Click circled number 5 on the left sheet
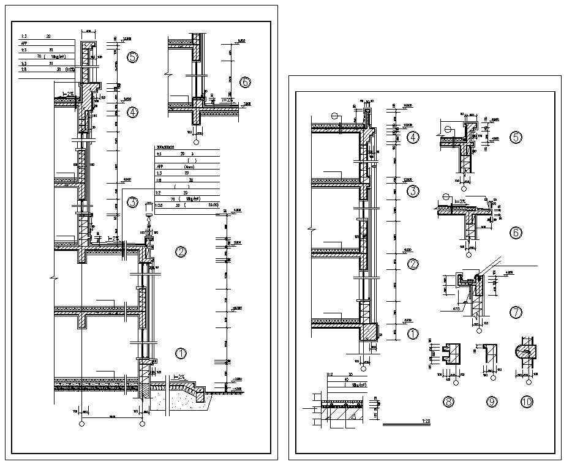point(133,58)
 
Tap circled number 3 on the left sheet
point(133,203)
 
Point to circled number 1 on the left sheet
point(181,353)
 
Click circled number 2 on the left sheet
point(181,252)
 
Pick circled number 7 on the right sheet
point(516,313)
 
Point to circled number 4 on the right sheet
point(413,138)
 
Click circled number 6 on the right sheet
point(516,233)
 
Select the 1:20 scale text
point(425,422)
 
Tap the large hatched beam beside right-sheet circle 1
point(370,332)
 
